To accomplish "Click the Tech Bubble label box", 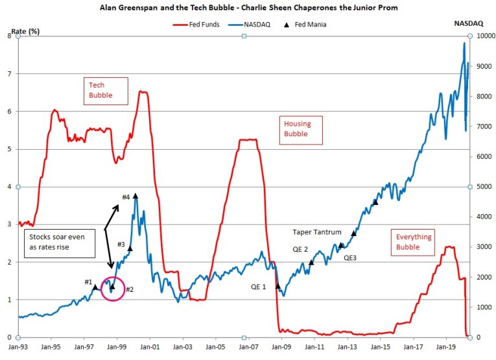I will [100, 90].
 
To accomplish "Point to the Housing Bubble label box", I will [295, 129].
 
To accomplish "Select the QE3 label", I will [350, 257].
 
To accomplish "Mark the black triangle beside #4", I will [136, 195].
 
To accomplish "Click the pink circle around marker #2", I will [112, 287].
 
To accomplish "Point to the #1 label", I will [89, 282].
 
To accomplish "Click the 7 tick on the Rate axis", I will [9, 74].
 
